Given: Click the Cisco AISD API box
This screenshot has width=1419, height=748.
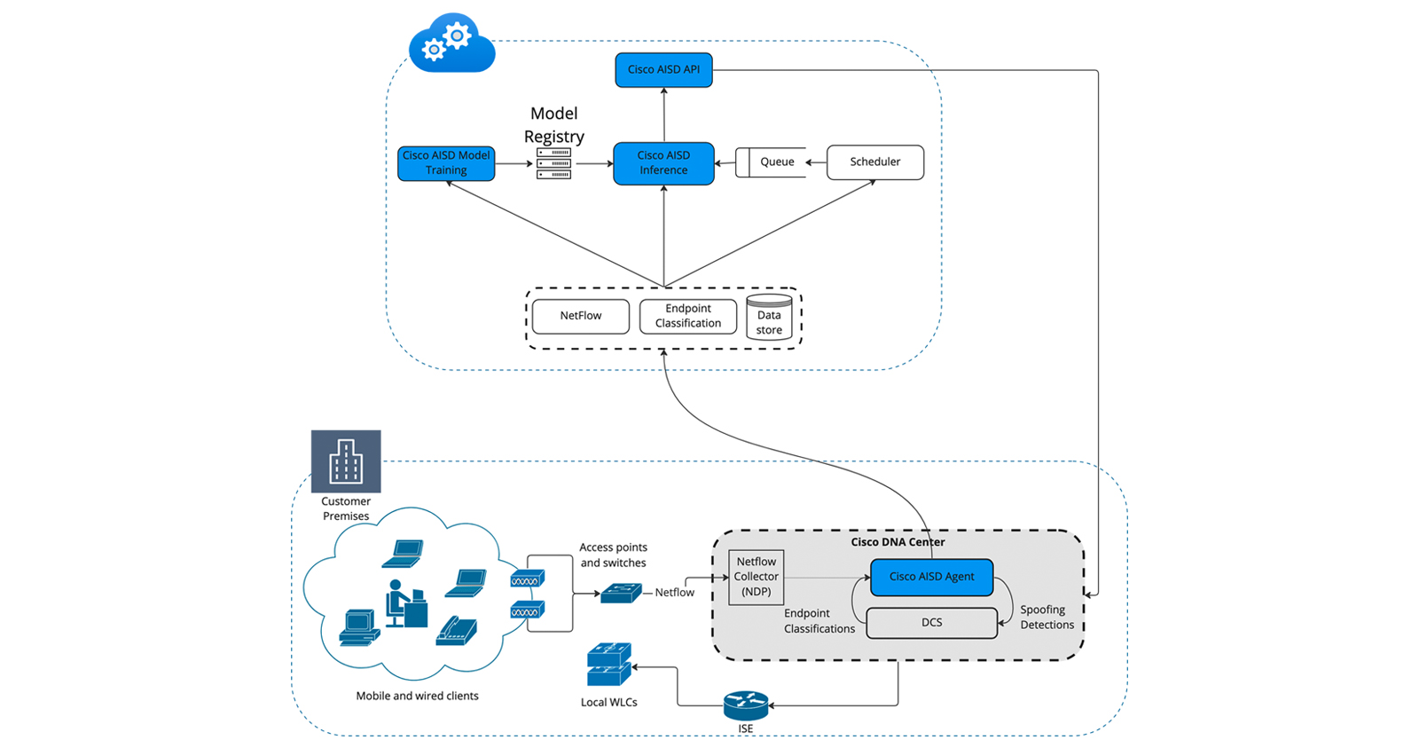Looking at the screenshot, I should click(x=663, y=70).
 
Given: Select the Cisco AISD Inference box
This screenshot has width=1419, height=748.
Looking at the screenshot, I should click(x=663, y=163).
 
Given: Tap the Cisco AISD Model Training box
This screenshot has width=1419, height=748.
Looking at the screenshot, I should click(x=446, y=163).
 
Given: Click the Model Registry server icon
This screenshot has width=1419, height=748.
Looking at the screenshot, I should click(x=553, y=163).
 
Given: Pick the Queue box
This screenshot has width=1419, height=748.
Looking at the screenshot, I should click(x=772, y=162).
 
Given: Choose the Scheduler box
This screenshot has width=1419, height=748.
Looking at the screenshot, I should click(x=874, y=162).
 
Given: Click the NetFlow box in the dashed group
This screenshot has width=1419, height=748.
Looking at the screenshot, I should click(x=581, y=316).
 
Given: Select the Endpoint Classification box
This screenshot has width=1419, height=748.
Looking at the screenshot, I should click(x=688, y=316).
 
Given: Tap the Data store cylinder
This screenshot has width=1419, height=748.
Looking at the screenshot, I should click(x=769, y=319).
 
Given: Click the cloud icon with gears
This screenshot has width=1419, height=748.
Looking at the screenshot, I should click(x=451, y=44).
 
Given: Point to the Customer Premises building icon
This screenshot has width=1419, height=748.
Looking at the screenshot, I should click(x=346, y=461).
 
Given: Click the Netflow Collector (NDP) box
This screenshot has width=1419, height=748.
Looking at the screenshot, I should click(x=756, y=577).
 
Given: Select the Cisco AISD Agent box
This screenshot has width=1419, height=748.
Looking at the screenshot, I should click(x=931, y=577).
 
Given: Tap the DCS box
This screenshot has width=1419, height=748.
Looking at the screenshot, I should click(x=931, y=623).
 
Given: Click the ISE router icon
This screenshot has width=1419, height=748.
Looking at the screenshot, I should click(x=746, y=705).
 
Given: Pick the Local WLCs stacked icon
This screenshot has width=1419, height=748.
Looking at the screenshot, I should click(x=609, y=665).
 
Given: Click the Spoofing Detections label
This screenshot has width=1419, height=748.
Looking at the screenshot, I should click(x=1047, y=618).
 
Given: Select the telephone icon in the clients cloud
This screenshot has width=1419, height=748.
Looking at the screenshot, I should click(x=457, y=630).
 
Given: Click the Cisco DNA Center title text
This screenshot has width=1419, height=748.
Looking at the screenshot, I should click(x=898, y=542).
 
